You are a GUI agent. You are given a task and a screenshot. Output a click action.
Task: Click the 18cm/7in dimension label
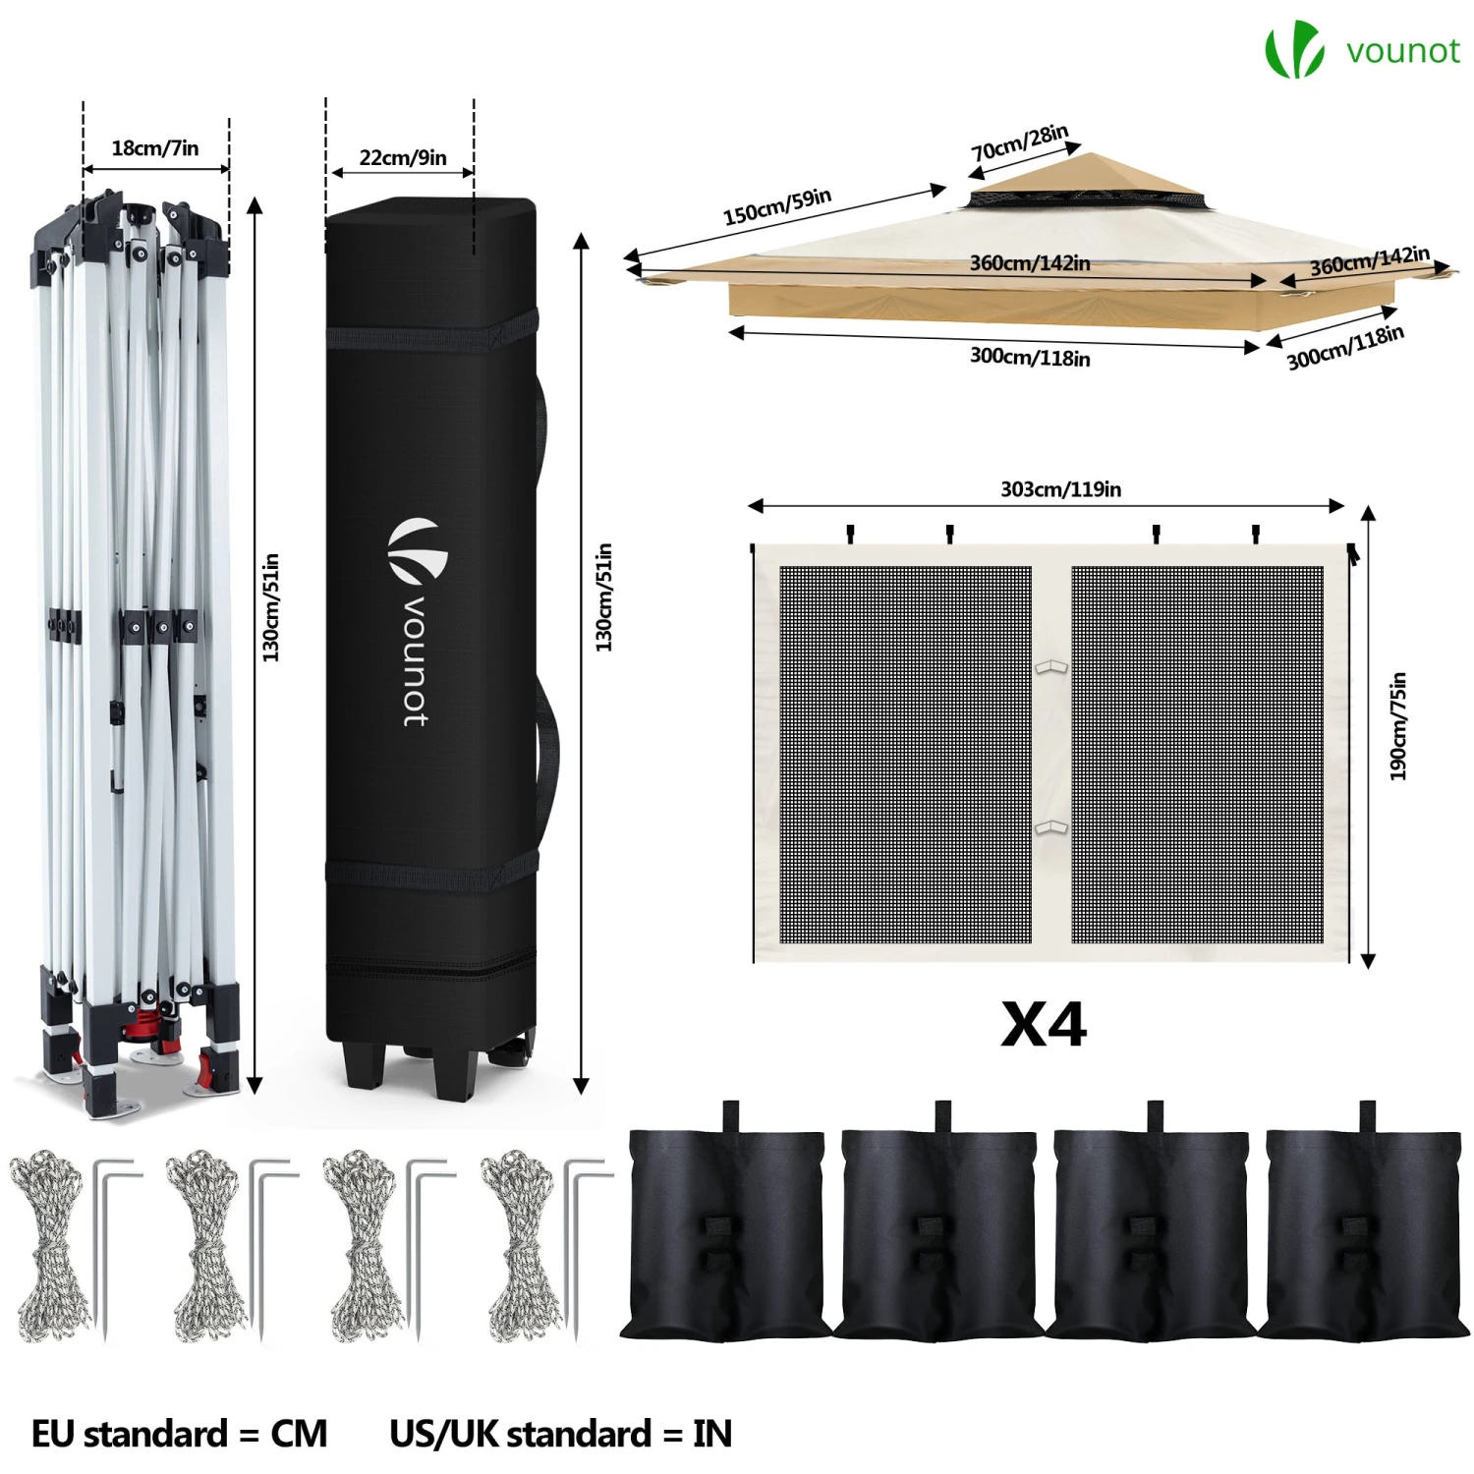(x=154, y=148)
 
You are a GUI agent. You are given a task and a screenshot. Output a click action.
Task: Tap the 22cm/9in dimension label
(x=403, y=157)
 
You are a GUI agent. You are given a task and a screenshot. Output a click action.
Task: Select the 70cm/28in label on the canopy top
(x=1020, y=143)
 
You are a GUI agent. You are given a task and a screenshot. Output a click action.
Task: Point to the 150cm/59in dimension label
(x=777, y=206)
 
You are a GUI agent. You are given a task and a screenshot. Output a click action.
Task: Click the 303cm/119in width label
(x=1060, y=488)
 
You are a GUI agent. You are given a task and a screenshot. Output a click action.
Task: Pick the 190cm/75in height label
(x=1398, y=726)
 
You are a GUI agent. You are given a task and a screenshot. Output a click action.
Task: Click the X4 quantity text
(x=1044, y=1025)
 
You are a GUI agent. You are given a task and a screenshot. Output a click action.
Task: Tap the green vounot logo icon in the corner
(x=1293, y=50)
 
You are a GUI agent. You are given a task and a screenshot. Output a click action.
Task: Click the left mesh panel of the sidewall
(x=905, y=755)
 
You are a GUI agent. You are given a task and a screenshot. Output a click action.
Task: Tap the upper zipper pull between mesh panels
(x=1050, y=668)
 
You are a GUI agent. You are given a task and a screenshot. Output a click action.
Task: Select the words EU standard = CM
(x=179, y=1434)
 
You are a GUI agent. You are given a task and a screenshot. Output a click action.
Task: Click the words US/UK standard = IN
(x=561, y=1434)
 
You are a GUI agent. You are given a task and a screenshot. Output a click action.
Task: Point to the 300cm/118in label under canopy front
(x=1030, y=356)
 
